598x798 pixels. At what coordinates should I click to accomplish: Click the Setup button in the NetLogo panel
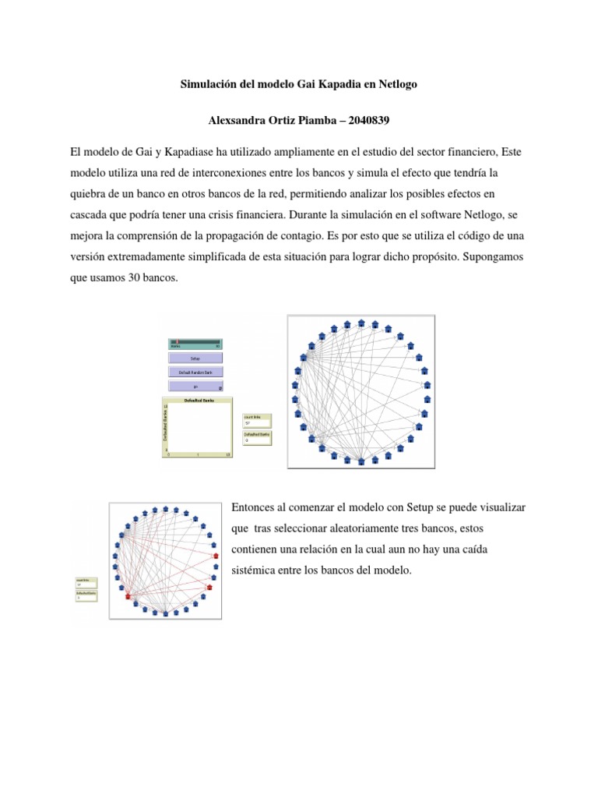[x=195, y=358]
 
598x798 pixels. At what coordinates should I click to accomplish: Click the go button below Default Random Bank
[x=195, y=387]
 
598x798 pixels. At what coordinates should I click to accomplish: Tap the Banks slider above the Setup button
[x=195, y=344]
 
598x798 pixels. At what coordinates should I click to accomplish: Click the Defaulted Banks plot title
[x=199, y=400]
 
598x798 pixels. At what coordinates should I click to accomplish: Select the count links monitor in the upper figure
[x=257, y=420]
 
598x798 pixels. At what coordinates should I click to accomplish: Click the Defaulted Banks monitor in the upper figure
[x=257, y=437]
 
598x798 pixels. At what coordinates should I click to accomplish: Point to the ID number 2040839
[x=368, y=121]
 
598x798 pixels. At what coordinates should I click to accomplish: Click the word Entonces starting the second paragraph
[x=255, y=507]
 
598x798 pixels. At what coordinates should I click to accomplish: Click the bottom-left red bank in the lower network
[x=127, y=596]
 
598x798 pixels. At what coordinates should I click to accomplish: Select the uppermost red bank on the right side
[x=215, y=556]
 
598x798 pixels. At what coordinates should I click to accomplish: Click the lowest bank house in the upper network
[x=361, y=461]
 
